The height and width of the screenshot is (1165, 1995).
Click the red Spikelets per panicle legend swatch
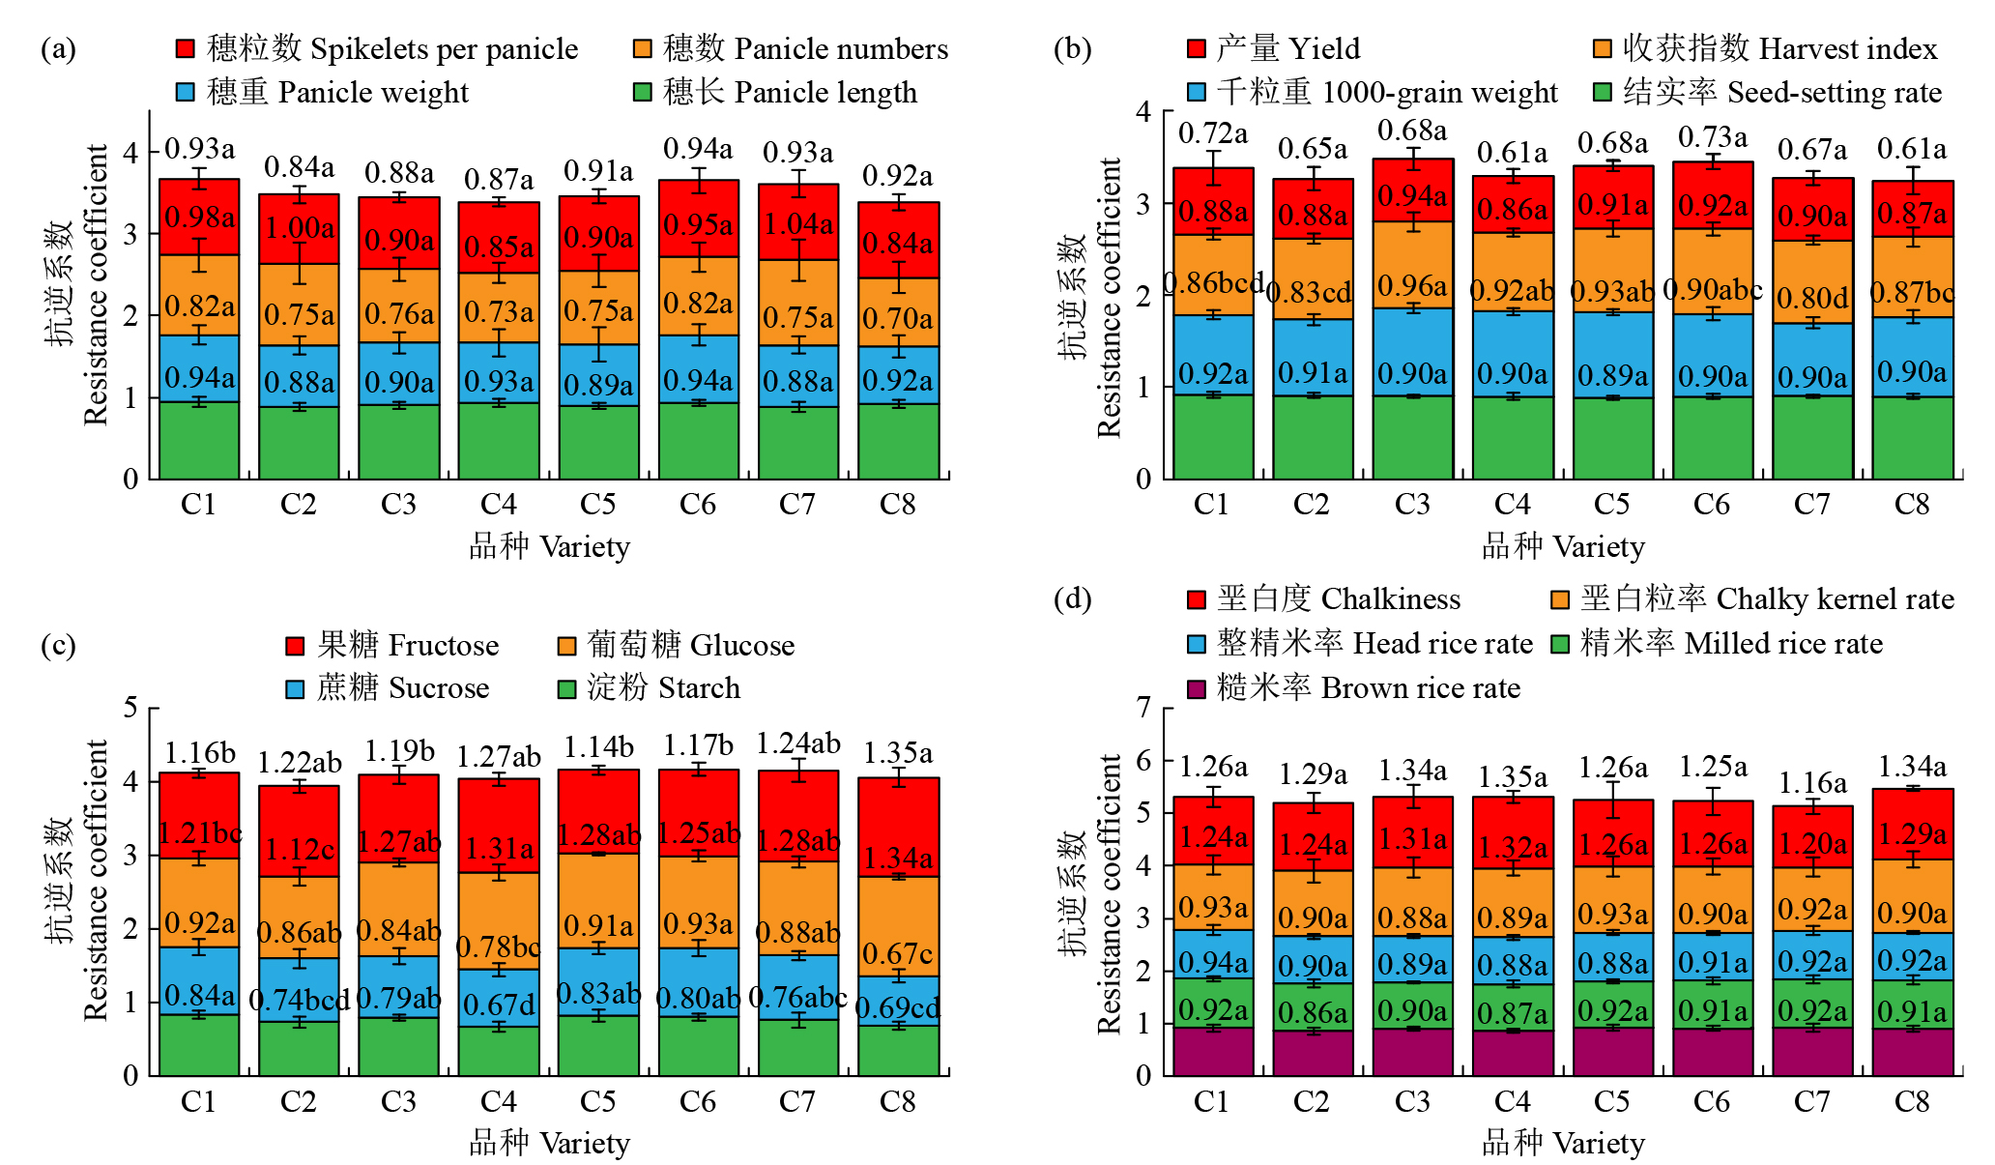(x=186, y=48)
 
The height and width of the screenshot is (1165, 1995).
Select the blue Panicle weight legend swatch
(x=186, y=92)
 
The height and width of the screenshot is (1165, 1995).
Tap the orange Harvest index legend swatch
(x=1603, y=48)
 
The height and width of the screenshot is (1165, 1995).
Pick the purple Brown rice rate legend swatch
(x=1197, y=688)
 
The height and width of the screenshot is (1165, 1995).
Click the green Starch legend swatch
(x=567, y=688)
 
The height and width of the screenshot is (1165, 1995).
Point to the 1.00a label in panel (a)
(x=300, y=228)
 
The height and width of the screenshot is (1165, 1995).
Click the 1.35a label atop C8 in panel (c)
(x=898, y=753)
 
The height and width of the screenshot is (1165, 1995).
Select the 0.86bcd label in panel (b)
(x=1214, y=282)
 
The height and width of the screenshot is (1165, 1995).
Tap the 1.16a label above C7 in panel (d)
(x=1812, y=782)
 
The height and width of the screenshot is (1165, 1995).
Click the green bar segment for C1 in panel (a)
(x=199, y=440)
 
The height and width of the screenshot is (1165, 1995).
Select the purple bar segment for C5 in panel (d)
(x=1612, y=1051)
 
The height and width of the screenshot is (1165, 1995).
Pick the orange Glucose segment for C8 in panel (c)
(x=898, y=926)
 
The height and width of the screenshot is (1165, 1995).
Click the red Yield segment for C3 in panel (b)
(x=1413, y=190)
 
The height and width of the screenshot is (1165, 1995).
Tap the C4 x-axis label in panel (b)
(x=1513, y=505)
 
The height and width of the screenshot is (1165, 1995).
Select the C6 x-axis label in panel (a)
(x=698, y=505)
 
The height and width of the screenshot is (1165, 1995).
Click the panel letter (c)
(x=58, y=645)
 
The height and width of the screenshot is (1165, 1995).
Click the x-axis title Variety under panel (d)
(x=1599, y=1144)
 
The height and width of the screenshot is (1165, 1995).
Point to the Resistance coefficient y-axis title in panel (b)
(x=1109, y=298)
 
